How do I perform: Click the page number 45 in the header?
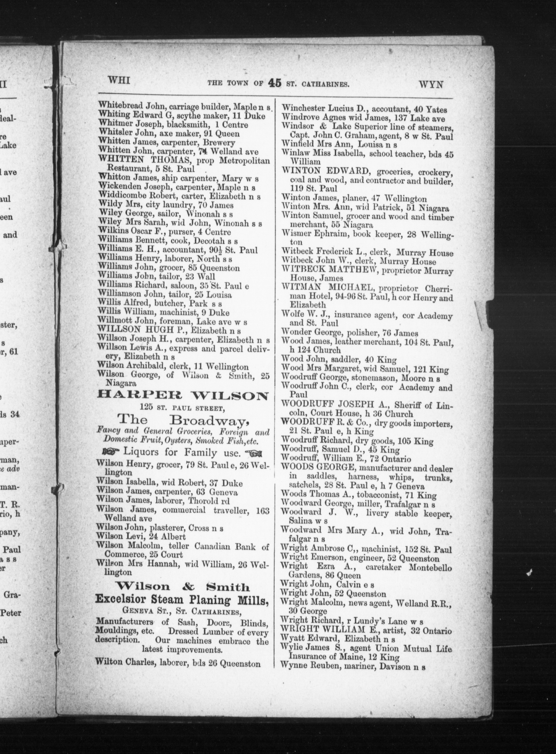click(275, 83)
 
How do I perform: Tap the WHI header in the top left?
click(119, 81)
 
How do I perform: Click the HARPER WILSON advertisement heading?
click(183, 396)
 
